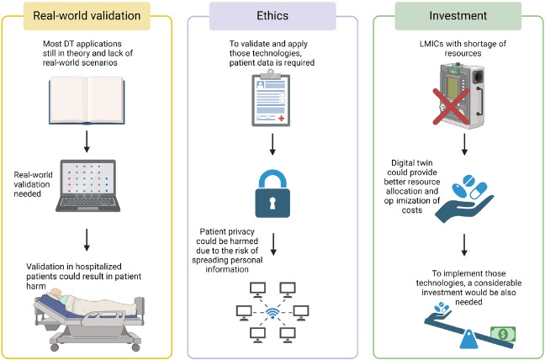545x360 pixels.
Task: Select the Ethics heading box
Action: point(273,14)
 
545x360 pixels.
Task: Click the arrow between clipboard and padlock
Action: point(272,146)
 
